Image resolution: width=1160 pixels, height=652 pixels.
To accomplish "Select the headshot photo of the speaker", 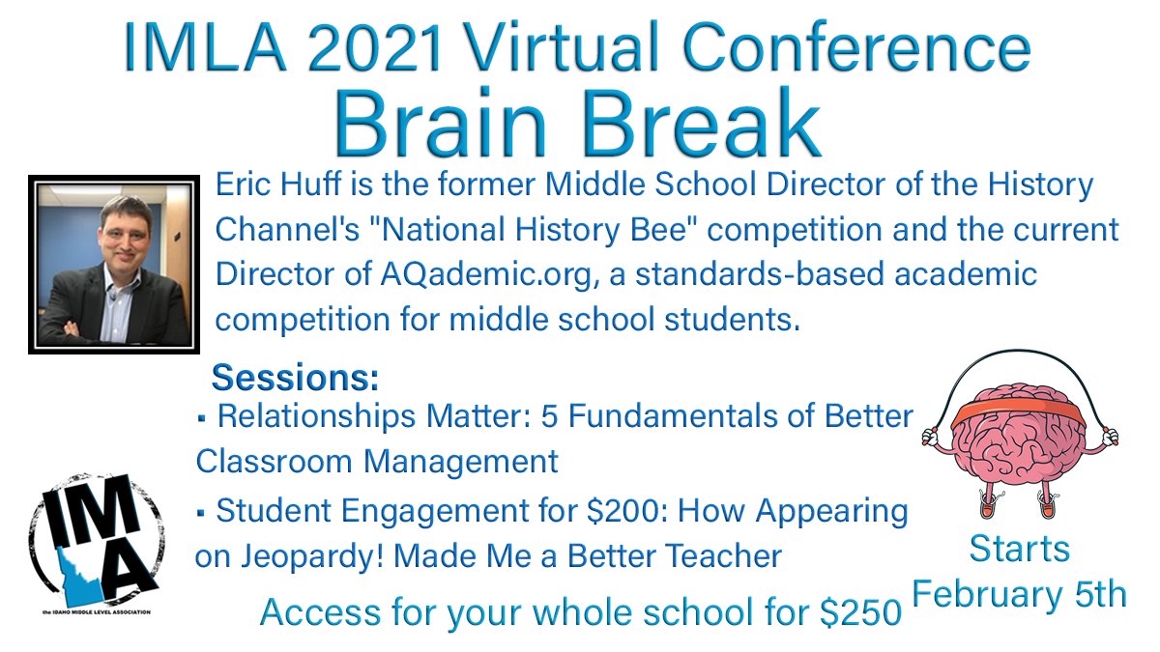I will click(x=113, y=264).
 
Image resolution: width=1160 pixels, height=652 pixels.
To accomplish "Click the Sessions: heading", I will click(x=295, y=376).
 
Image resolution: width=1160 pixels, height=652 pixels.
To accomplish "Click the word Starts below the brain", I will click(x=1019, y=550).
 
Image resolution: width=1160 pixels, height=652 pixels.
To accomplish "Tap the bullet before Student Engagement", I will click(x=201, y=513).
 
